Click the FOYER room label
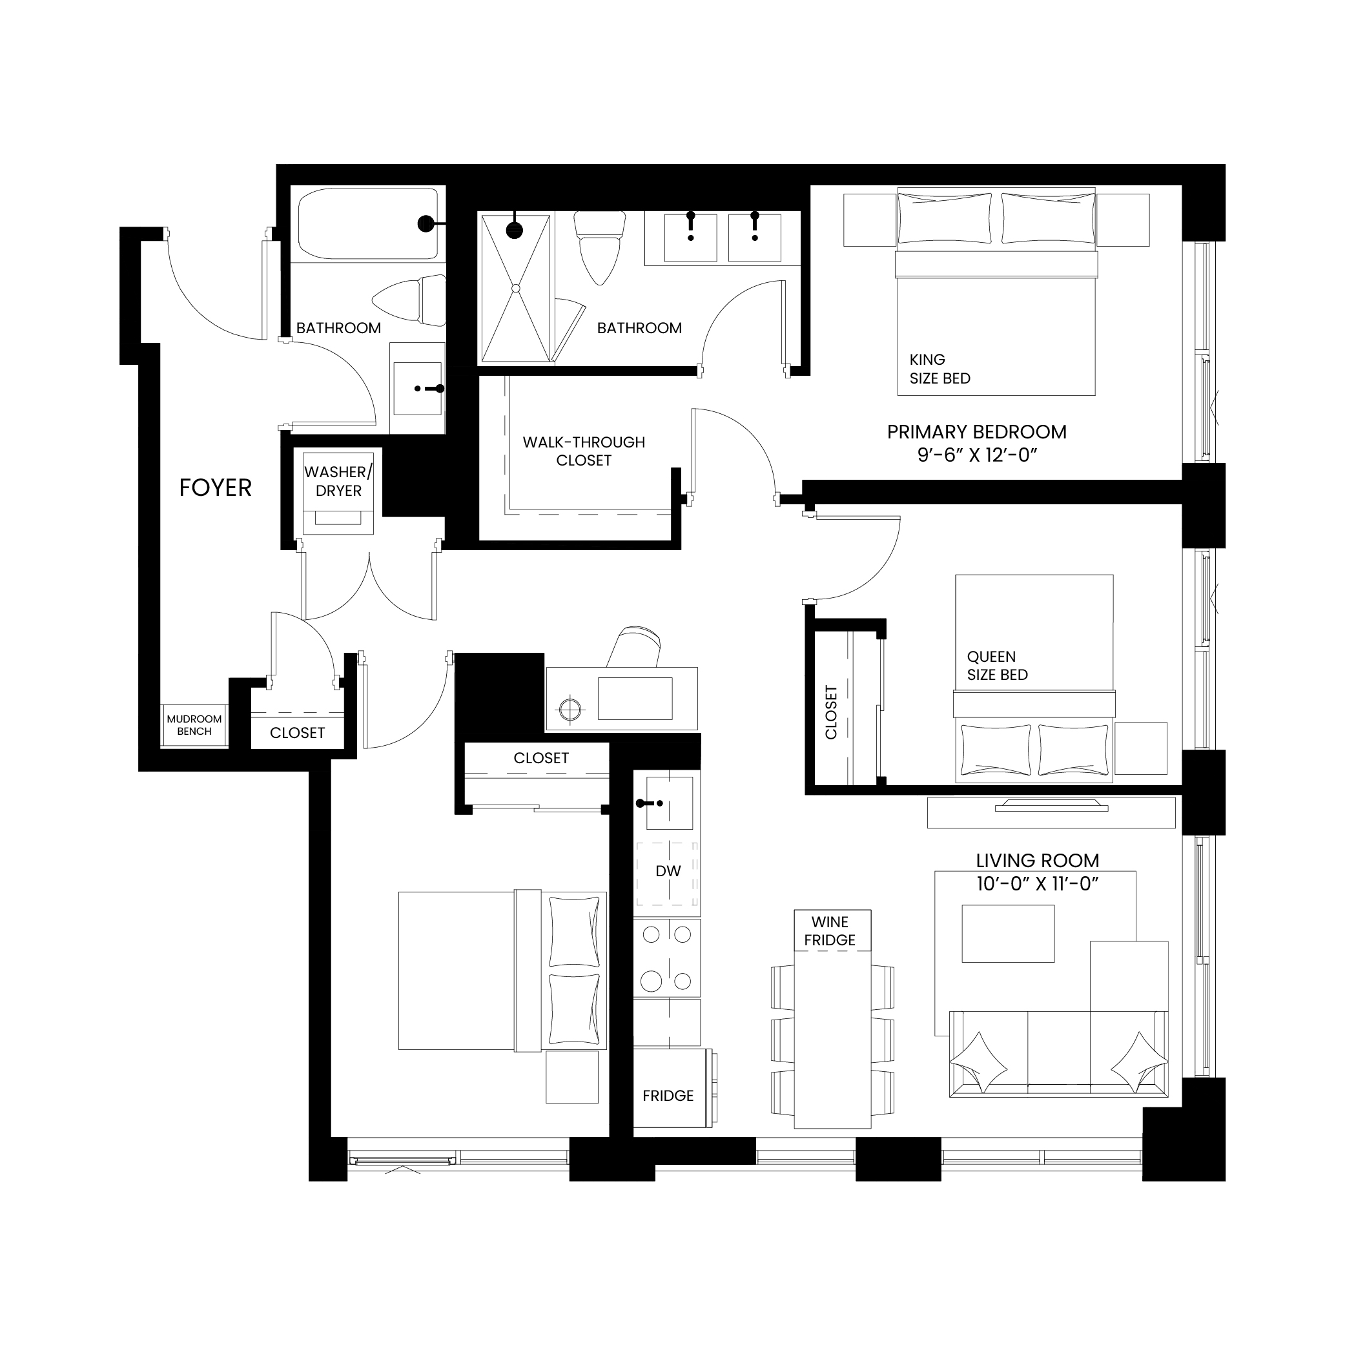215,488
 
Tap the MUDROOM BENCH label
194,724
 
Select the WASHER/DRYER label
338,481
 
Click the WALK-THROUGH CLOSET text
584,451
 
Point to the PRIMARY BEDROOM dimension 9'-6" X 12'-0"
978,455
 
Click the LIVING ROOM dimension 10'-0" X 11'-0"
1037,883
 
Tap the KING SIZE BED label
940,369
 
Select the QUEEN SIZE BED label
997,666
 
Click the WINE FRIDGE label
830,930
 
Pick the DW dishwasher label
668,871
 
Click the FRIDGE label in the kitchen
668,1096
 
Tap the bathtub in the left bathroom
368,224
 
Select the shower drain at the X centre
516,288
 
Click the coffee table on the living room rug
1008,934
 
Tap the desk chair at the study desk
635,648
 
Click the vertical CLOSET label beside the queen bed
830,713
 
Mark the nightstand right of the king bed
1122,220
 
